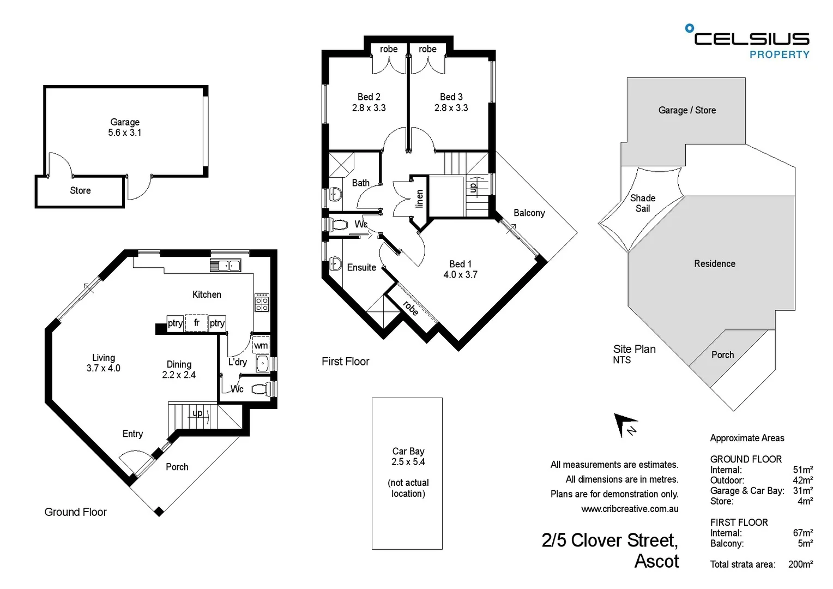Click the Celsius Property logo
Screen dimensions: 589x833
tap(748, 41)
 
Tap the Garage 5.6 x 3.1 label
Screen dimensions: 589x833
tap(125, 127)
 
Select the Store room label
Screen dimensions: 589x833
tap(80, 191)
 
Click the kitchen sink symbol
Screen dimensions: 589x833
tap(225, 266)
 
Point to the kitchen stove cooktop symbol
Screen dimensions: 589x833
tap(262, 302)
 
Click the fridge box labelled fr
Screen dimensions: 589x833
tap(196, 323)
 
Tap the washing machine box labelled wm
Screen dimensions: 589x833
tap(261, 345)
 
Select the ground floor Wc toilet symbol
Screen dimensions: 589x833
tap(261, 389)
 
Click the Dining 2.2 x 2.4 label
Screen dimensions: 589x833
tap(179, 369)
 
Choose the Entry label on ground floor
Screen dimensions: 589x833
tap(132, 434)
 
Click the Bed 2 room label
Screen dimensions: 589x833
tap(369, 102)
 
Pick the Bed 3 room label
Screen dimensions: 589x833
tap(451, 102)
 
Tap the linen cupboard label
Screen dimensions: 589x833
tap(419, 199)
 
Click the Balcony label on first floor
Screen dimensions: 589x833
tap(529, 213)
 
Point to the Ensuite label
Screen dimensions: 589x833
tap(361, 267)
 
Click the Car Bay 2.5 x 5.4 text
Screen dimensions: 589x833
tap(408, 456)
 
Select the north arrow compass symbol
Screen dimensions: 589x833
tap(625, 424)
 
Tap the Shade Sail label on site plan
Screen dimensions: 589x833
tap(643, 203)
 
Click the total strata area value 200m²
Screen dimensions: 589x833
tap(800, 564)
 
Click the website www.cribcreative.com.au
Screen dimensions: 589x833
tap(630, 509)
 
